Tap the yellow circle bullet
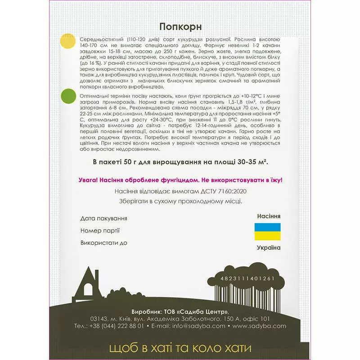68,41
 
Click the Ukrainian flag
268,232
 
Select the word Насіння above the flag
268,216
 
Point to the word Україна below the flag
268,248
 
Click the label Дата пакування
103,218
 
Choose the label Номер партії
100,231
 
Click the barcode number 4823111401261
247,279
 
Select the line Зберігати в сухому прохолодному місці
180,201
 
